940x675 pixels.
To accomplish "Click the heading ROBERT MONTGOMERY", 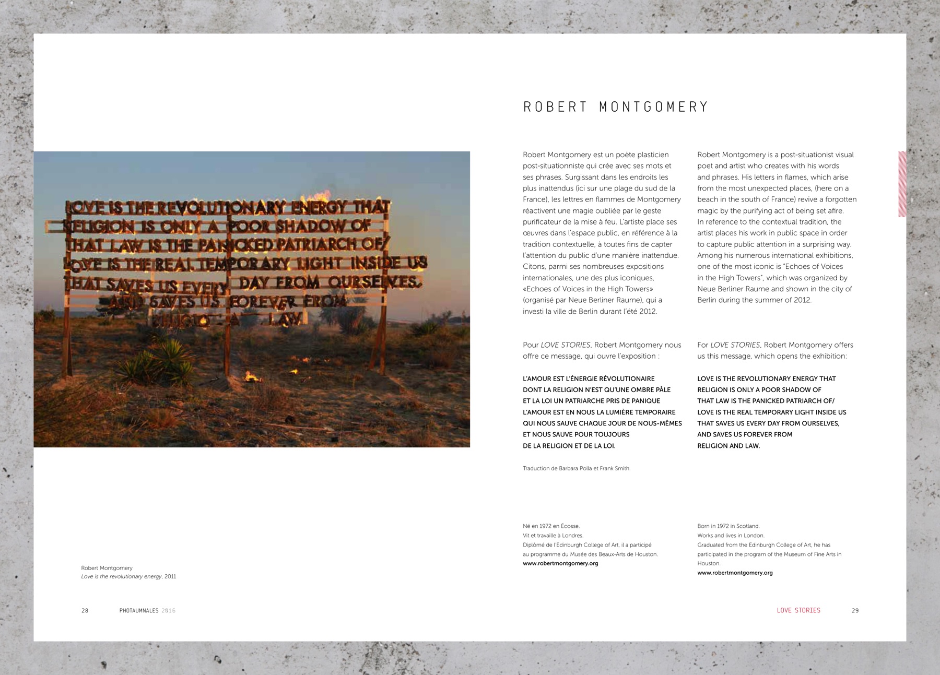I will (616, 107).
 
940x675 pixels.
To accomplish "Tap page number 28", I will (85, 610).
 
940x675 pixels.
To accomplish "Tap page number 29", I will (855, 610).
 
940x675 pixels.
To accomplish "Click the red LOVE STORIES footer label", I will (798, 610).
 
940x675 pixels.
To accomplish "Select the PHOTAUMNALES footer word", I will (139, 610).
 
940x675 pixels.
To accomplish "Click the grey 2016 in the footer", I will (168, 610).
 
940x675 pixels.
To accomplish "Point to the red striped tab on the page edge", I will (902, 184).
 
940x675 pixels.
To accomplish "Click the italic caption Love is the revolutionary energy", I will (121, 576).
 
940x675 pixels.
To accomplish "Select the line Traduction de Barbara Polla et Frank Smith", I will (577, 468).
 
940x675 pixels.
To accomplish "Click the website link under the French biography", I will (560, 563).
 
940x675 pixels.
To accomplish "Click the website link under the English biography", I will (735, 573).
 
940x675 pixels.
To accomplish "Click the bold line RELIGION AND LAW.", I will (728, 446).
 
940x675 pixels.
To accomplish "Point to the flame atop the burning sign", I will (323, 195).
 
